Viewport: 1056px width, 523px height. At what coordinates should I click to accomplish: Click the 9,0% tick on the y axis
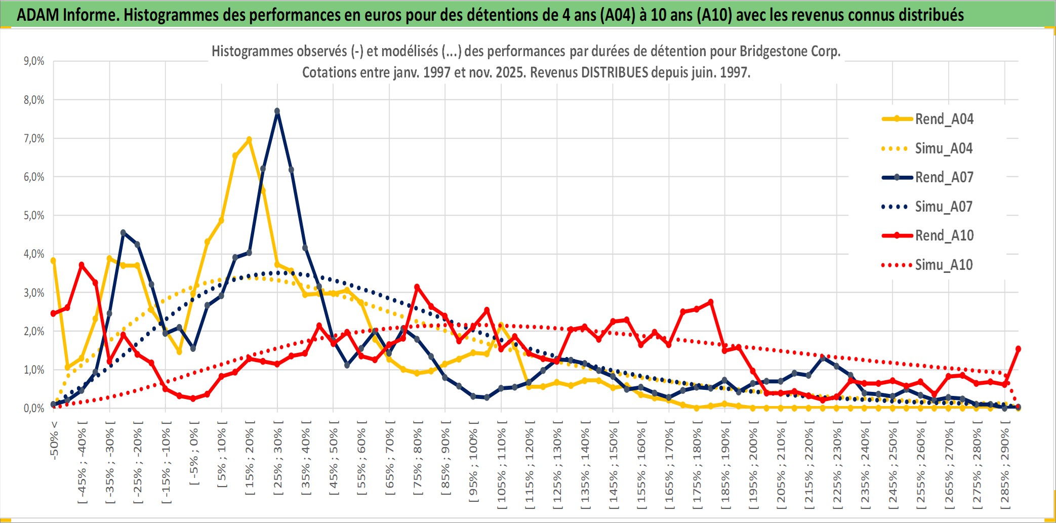tap(34, 61)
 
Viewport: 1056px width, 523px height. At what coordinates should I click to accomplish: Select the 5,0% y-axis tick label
tap(34, 216)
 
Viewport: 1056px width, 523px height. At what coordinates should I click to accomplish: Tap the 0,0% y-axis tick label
tap(34, 408)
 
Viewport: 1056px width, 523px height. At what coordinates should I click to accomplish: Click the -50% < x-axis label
tap(54, 440)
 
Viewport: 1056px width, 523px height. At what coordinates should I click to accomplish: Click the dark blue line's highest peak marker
tap(277, 111)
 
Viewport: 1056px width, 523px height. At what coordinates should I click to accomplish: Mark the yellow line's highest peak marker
tap(249, 139)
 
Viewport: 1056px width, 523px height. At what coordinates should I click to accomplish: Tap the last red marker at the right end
tap(1018, 349)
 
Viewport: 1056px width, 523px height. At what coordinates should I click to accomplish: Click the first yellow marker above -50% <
tap(53, 260)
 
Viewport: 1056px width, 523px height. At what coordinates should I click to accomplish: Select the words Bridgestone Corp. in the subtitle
tap(790, 51)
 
